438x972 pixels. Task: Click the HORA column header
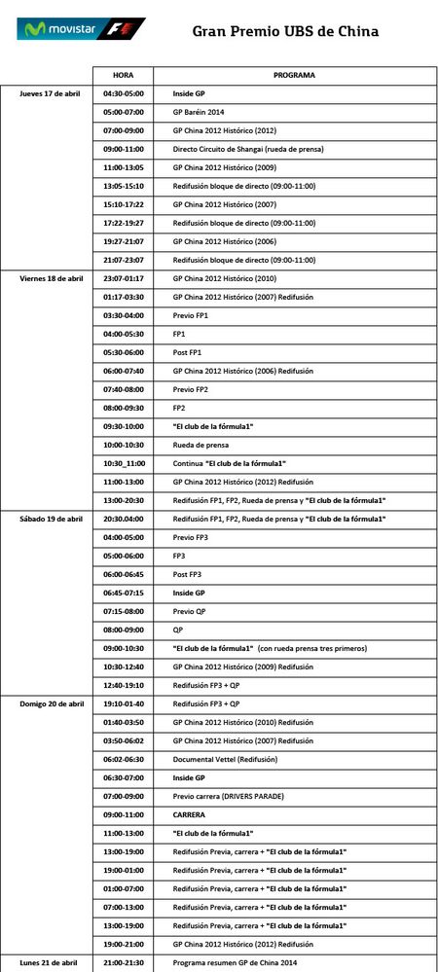(124, 75)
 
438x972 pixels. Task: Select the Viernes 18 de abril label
(52, 278)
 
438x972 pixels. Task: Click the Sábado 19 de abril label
(52, 519)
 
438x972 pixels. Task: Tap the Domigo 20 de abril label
(52, 704)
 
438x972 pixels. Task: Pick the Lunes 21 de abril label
(48, 962)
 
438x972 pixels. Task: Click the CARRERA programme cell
(190, 814)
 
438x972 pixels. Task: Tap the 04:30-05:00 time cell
(124, 93)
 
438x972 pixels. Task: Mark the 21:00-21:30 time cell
(124, 962)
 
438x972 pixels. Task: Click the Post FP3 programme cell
(187, 574)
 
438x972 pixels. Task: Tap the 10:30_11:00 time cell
(124, 463)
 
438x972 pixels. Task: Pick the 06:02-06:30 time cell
(124, 760)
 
